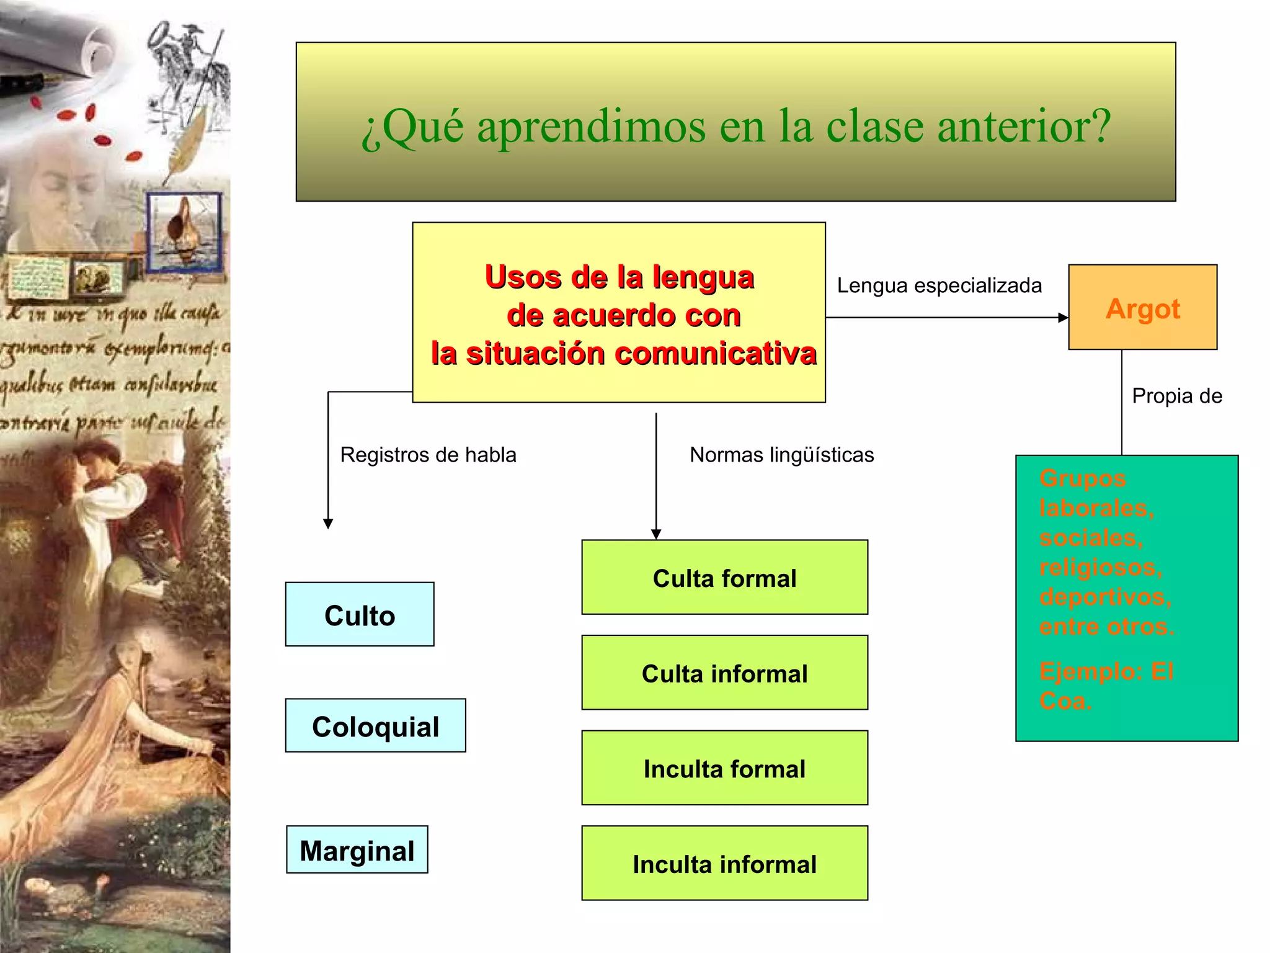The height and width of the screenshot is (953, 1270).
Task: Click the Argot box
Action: pyautogui.click(x=1142, y=308)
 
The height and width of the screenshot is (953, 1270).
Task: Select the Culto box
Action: pyautogui.click(x=360, y=615)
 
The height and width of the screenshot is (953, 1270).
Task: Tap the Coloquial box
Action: pyautogui.click(x=375, y=726)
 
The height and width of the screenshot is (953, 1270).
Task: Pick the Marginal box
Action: pyautogui.click(x=357, y=850)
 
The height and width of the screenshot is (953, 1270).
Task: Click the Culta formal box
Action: pyautogui.click(x=724, y=578)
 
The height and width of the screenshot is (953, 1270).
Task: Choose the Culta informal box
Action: pyautogui.click(x=724, y=673)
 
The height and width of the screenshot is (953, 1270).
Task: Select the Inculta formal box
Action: pyautogui.click(x=724, y=769)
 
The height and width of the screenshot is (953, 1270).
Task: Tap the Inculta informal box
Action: pyautogui.click(x=724, y=864)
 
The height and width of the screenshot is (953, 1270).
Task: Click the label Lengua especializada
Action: pyautogui.click(x=939, y=285)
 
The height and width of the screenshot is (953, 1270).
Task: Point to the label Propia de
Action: pyautogui.click(x=1176, y=396)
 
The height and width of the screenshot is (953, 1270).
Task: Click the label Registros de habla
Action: pyautogui.click(x=428, y=455)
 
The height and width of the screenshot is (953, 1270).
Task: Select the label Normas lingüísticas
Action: pyautogui.click(x=781, y=455)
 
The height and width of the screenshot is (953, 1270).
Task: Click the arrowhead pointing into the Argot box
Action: pyautogui.click(x=1063, y=318)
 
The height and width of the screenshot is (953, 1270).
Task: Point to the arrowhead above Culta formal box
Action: pyautogui.click(x=656, y=534)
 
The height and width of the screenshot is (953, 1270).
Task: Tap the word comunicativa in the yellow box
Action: pyautogui.click(x=716, y=354)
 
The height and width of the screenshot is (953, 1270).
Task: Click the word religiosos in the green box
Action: pyautogui.click(x=1100, y=567)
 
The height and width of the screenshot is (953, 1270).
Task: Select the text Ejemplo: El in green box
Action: pyautogui.click(x=1106, y=671)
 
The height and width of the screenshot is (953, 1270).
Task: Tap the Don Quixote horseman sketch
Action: pyautogui.click(x=186, y=68)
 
